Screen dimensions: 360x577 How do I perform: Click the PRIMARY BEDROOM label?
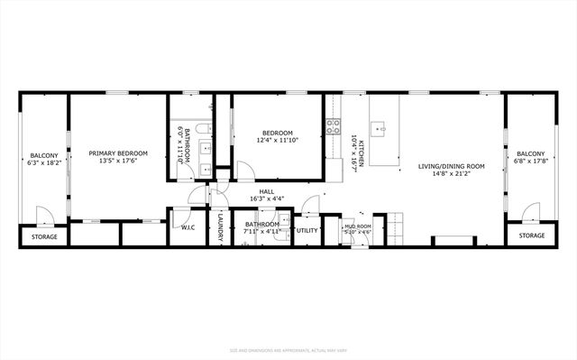coord(118,153)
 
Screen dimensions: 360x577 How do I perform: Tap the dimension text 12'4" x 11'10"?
coord(278,140)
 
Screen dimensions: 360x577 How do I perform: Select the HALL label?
coord(267,191)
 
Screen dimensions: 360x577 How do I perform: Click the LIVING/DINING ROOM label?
coord(452,166)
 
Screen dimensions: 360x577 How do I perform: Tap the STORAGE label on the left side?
coord(44,236)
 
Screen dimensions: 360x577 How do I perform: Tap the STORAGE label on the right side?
coord(531,235)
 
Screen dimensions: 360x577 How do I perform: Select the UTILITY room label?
coord(307,231)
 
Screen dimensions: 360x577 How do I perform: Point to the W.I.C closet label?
coord(188,228)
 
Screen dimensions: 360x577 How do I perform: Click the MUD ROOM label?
coord(358,226)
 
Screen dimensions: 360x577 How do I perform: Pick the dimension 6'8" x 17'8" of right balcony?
coord(531,164)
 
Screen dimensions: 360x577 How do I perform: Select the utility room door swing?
coord(311,205)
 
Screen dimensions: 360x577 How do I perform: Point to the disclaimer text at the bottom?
coord(288,347)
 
